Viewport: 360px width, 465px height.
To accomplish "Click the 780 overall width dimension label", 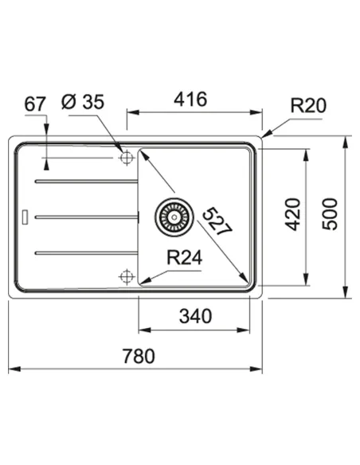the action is pos(139,356).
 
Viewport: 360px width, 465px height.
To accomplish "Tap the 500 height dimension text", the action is pos(330,214).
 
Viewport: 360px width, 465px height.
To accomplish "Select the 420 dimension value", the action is pos(292,214).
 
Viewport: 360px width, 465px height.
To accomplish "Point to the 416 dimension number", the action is pos(190,100).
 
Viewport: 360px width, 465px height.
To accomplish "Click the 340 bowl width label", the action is pos(195,316).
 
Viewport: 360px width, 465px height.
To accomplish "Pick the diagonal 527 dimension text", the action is pos(217,221).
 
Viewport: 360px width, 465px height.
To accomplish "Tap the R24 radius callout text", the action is pos(185,258).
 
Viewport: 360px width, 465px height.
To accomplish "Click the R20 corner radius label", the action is pos(308,105).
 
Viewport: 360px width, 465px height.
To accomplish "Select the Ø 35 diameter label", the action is pos(83,102).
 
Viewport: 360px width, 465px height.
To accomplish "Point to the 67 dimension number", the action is pos(35,104).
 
